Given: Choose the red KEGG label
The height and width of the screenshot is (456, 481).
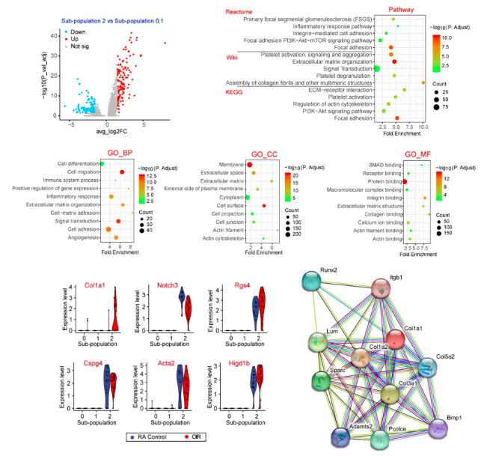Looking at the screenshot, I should (x=234, y=92).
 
